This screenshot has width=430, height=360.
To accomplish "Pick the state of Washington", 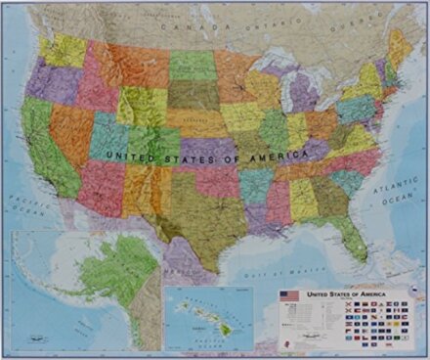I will pyautogui.click(x=61, y=49).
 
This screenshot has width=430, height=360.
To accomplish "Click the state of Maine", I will pyautogui.click(x=400, y=46).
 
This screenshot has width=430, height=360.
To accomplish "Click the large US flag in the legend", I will pyautogui.click(x=289, y=294).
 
